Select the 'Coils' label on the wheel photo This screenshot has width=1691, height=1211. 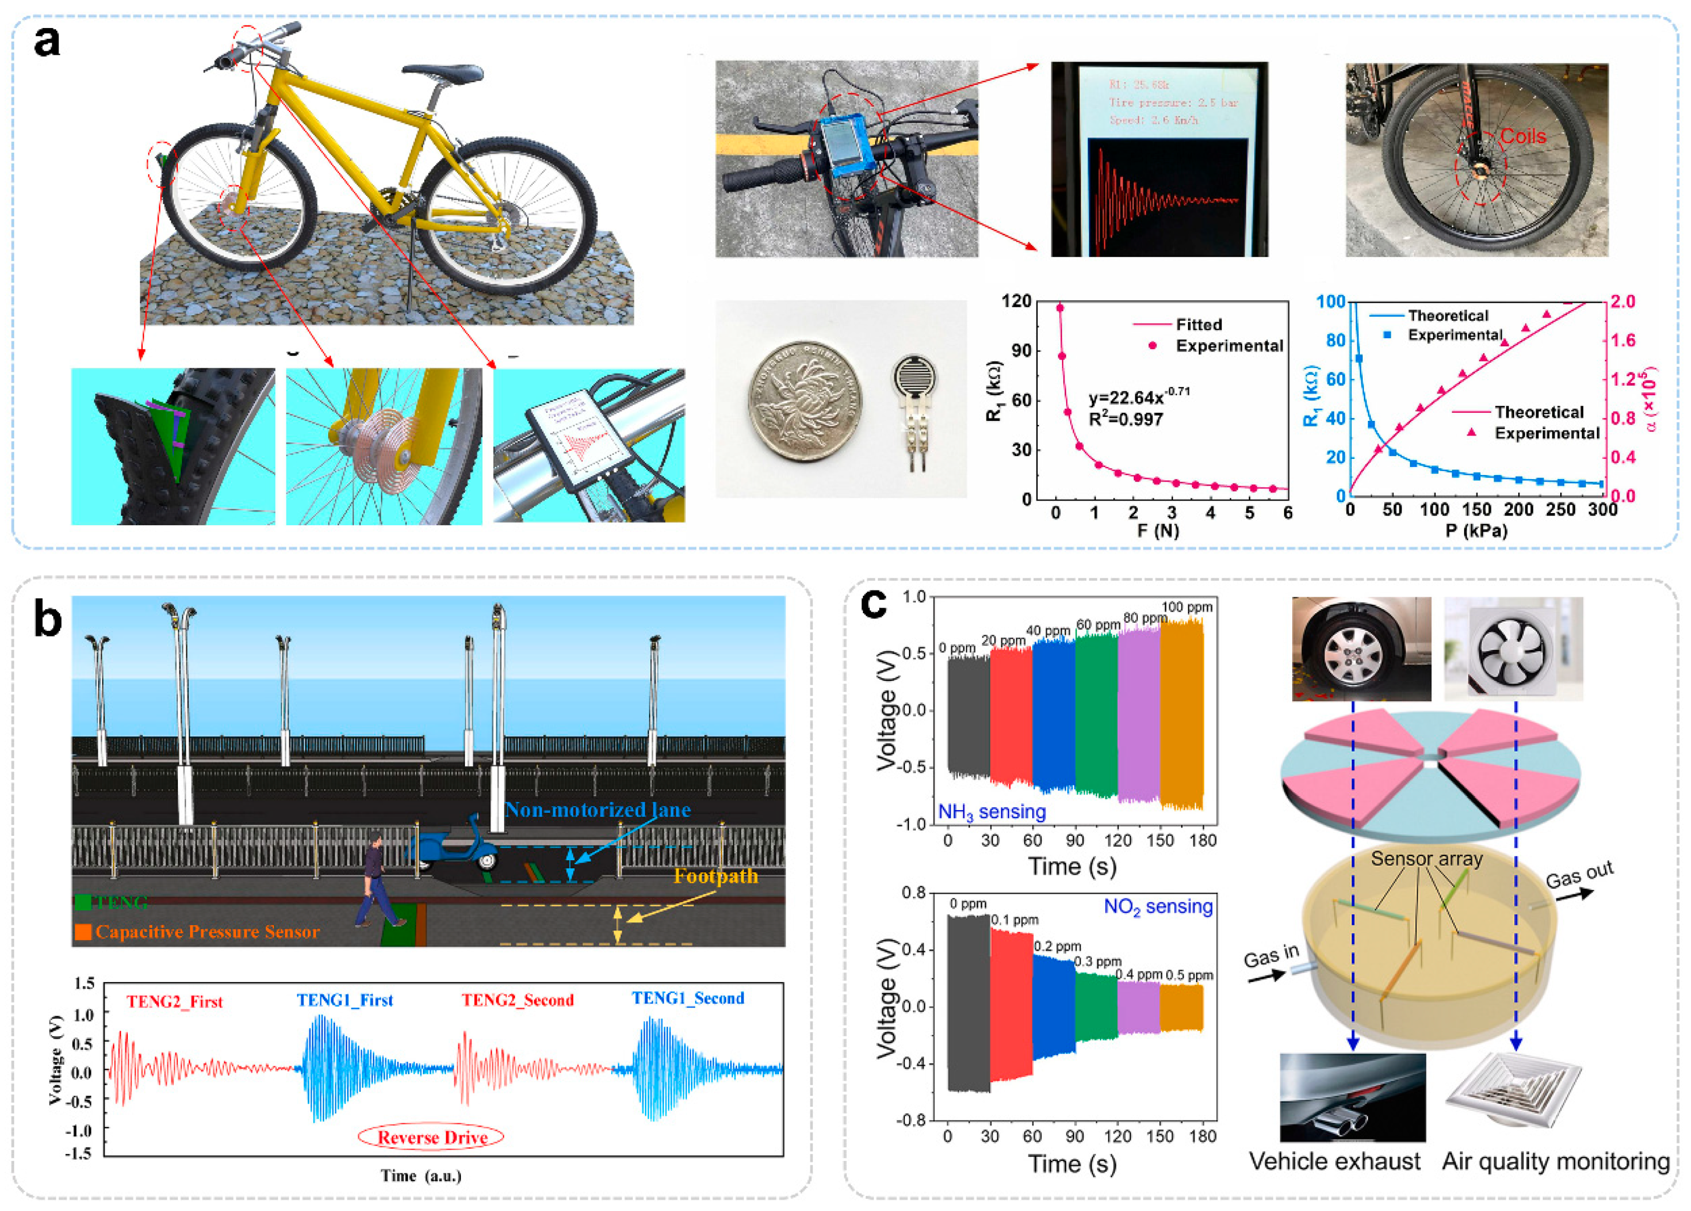(x=1523, y=136)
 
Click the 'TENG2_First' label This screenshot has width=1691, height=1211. (x=174, y=1002)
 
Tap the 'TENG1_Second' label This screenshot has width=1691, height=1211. (x=687, y=999)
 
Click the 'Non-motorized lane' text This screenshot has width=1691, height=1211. (x=597, y=810)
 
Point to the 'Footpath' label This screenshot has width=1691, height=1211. (x=716, y=876)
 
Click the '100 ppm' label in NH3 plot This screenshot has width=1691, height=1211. (x=1187, y=607)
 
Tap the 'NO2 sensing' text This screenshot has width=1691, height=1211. (x=1158, y=907)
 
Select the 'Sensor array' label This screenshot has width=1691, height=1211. (x=1426, y=859)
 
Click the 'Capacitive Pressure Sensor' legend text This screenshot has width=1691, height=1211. (x=207, y=932)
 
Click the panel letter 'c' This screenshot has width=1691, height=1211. (x=874, y=605)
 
